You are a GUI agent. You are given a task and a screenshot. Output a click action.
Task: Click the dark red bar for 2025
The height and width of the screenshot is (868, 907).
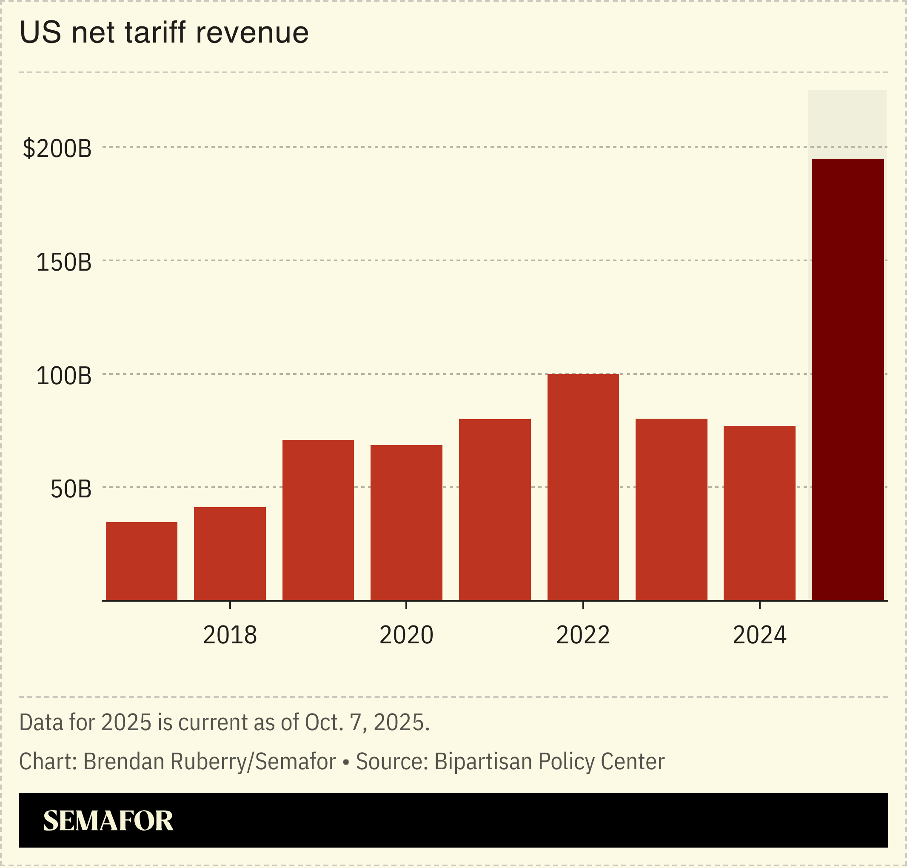coord(848,380)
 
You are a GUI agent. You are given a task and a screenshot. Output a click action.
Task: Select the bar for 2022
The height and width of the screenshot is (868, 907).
coord(583,487)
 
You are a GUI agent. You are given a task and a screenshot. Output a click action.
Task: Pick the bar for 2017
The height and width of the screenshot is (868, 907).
coord(142,561)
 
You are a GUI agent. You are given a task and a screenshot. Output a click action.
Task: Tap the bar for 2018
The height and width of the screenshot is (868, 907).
coord(230,554)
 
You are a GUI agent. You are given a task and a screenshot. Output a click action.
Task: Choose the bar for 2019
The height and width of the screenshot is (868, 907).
coord(318,520)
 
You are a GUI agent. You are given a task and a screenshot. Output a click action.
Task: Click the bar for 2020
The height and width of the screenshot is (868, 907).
coord(406,523)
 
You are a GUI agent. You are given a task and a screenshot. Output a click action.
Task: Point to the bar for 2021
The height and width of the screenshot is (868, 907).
coord(494,509)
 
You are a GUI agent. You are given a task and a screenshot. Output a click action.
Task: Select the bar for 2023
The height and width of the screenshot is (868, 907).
coord(671,509)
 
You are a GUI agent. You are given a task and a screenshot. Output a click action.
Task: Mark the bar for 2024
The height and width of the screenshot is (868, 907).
coord(759,513)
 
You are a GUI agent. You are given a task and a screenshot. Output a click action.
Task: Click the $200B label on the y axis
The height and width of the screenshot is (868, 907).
coord(57,149)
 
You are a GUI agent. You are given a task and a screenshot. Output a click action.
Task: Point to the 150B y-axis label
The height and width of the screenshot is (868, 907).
coord(64,263)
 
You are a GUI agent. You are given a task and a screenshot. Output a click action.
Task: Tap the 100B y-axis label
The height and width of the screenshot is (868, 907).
coord(64,376)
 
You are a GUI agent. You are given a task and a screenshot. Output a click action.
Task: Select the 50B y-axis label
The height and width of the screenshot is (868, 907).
coord(71,489)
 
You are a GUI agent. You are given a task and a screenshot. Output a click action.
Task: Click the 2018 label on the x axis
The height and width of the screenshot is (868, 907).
coord(230,635)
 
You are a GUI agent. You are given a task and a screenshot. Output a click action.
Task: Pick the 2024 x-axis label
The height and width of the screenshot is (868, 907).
coord(759,635)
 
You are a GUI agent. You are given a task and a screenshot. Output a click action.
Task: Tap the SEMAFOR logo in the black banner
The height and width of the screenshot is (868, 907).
coord(108,821)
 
